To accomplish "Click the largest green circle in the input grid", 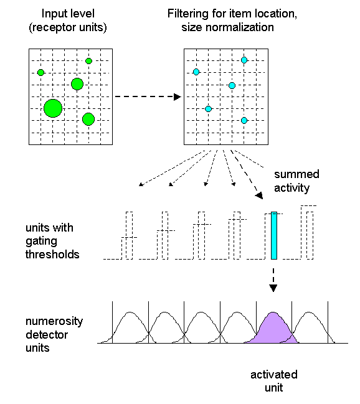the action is [53, 108].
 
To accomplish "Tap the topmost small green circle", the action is [88, 61].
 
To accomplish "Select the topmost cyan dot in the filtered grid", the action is [244, 60].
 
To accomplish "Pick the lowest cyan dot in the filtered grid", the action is [244, 120].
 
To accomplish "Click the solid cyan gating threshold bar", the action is [274, 235].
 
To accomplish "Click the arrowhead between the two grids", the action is [178, 97].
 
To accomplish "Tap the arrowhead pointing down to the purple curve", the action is [273, 288].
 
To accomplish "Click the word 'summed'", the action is [296, 174].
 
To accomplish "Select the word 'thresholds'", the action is [52, 255].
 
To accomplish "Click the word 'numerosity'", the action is [54, 322].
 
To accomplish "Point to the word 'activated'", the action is [274, 375].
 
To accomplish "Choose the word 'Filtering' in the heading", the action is [188, 14].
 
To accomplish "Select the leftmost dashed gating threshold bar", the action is [129, 235].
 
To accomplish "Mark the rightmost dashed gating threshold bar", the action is [310, 235].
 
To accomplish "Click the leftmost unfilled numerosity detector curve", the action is [130, 312].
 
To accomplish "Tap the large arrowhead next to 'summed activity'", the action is [259, 195].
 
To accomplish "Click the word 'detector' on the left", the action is [47, 335].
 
